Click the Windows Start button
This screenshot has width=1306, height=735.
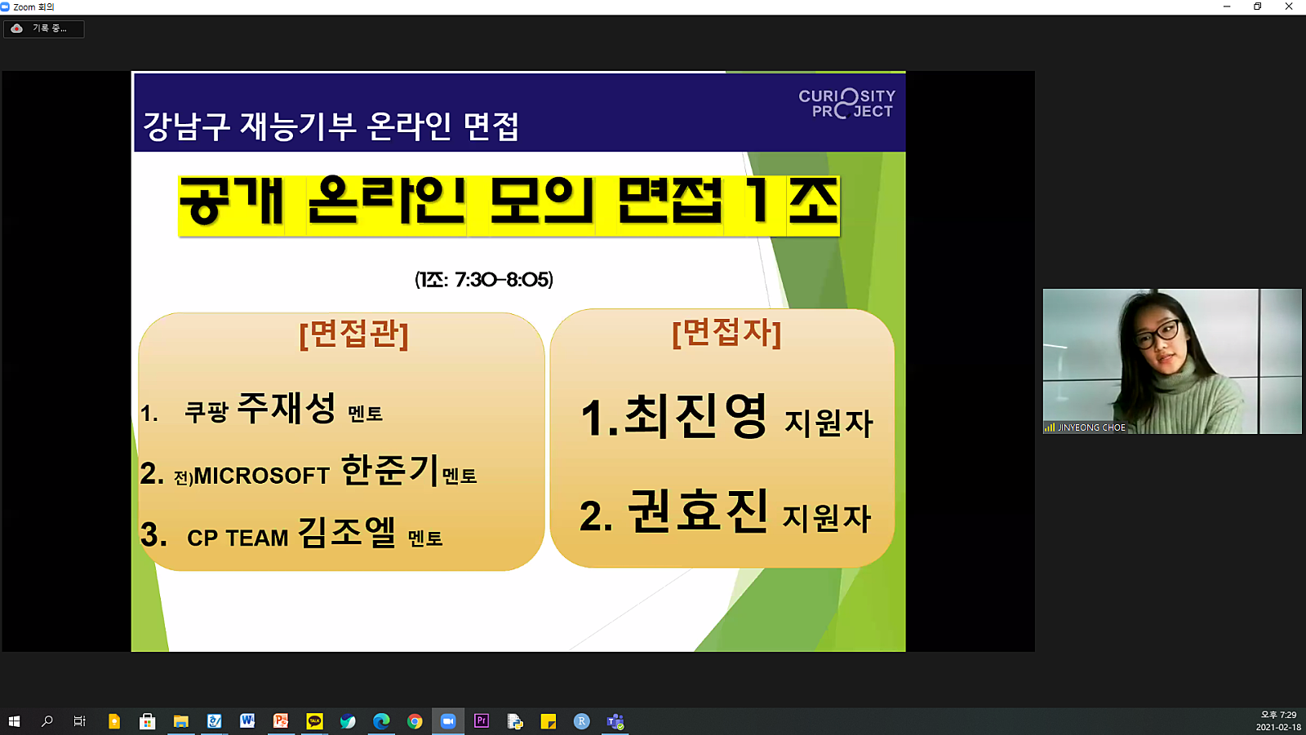[14, 721]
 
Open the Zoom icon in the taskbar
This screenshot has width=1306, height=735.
[447, 721]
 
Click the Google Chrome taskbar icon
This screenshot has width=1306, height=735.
[415, 721]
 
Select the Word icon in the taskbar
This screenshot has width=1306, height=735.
[247, 721]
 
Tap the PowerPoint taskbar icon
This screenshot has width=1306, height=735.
[281, 721]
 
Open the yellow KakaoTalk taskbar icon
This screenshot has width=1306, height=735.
[314, 721]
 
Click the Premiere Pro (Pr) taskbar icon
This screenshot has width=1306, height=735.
[482, 721]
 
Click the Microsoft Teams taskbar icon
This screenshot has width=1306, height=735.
[615, 721]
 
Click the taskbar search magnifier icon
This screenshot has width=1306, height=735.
[47, 721]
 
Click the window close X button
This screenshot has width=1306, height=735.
[1289, 7]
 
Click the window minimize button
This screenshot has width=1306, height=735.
[1227, 7]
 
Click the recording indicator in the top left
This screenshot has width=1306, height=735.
[44, 29]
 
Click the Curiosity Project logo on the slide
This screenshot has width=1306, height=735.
[847, 104]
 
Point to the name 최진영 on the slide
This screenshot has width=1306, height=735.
[695, 416]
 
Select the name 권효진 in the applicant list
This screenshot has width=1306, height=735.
[697, 511]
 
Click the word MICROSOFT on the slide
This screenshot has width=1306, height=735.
[261, 476]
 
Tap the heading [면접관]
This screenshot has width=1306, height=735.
[353, 334]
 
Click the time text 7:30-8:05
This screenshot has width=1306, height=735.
[503, 280]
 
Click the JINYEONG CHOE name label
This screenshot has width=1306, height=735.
[1091, 427]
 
